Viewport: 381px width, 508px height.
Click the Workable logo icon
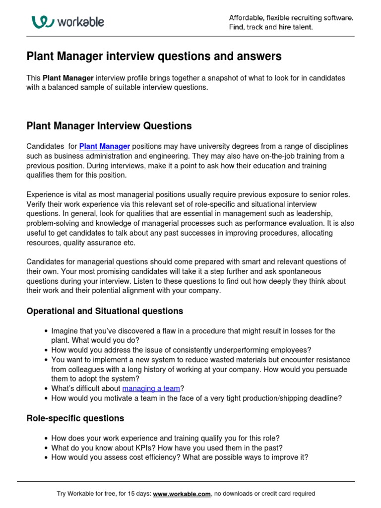(x=42, y=22)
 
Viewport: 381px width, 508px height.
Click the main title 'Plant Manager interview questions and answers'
(x=154, y=57)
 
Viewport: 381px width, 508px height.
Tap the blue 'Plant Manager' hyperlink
(x=105, y=146)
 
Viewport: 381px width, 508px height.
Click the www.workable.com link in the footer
(x=182, y=494)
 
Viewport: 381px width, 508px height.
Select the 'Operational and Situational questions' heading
(x=105, y=311)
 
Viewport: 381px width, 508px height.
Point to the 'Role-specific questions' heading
(x=75, y=418)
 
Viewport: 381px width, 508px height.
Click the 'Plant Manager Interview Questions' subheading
(x=109, y=126)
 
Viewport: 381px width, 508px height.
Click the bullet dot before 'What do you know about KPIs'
(x=46, y=448)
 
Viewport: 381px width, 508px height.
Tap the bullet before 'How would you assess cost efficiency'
(x=46, y=457)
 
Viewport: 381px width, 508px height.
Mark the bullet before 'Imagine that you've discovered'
(x=46, y=331)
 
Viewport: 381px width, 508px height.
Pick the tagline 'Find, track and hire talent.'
(x=271, y=27)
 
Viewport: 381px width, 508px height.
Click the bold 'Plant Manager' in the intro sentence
(x=68, y=78)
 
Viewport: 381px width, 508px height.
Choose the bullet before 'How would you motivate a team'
(x=46, y=398)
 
